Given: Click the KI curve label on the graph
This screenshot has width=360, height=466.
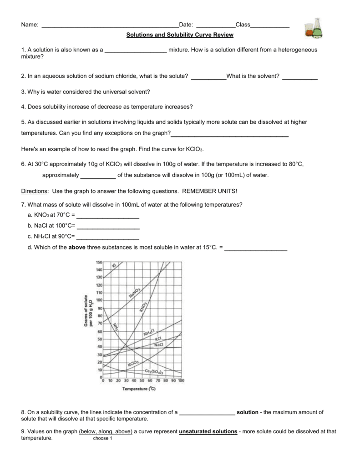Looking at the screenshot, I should click(x=114, y=265).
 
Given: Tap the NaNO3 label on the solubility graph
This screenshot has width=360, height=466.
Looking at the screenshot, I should click(x=134, y=294).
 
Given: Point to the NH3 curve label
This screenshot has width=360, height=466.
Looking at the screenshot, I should click(x=116, y=326).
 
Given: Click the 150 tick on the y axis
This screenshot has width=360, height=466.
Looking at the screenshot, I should click(x=99, y=263).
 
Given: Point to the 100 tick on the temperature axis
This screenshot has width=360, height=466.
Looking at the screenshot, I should click(x=181, y=380).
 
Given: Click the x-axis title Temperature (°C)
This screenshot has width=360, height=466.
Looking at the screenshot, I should click(x=139, y=389).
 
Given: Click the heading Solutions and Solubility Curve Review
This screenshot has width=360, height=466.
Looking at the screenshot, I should click(x=180, y=35).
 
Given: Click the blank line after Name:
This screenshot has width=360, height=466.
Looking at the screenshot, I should click(x=110, y=25).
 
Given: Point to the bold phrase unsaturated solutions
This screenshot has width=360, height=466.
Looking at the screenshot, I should click(x=208, y=431).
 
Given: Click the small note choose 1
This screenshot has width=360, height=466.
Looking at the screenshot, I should click(x=102, y=439).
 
